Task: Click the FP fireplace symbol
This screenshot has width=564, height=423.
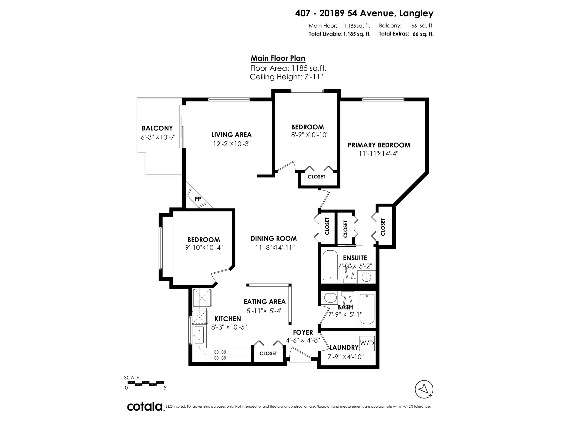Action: click(198, 199)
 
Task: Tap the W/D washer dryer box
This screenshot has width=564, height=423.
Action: click(367, 343)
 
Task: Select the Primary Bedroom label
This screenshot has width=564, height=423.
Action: click(379, 145)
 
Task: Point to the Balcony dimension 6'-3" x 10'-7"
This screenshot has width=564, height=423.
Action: click(159, 137)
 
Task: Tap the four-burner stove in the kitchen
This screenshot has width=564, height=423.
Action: click(220, 355)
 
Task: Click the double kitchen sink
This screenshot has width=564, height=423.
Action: click(199, 335)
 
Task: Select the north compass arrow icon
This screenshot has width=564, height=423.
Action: click(424, 389)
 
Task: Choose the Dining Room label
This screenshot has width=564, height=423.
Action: click(273, 238)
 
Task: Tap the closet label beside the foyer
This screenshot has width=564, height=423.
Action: click(268, 353)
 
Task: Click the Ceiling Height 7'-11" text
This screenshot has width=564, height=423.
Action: click(286, 77)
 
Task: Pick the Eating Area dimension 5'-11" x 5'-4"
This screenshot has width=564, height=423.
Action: click(264, 311)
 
